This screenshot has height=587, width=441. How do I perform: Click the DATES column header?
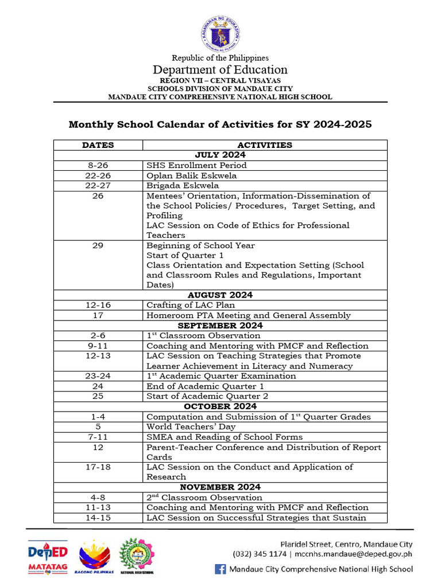(x=98, y=145)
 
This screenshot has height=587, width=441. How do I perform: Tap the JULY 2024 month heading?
(x=220, y=155)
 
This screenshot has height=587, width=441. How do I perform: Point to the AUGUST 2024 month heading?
(x=220, y=295)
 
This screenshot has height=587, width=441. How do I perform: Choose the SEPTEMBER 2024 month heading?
(x=220, y=326)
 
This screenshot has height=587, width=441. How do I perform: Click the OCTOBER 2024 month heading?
(x=220, y=406)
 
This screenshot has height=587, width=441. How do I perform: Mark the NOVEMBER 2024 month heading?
(x=220, y=487)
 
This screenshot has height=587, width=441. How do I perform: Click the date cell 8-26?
(x=98, y=166)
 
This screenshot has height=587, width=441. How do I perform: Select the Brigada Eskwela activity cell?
(x=183, y=186)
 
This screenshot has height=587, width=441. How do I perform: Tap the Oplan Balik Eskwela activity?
(x=191, y=175)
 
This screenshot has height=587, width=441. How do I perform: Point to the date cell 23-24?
(x=98, y=376)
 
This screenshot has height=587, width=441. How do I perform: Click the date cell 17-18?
(x=98, y=467)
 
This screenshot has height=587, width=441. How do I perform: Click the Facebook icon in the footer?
(x=220, y=569)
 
